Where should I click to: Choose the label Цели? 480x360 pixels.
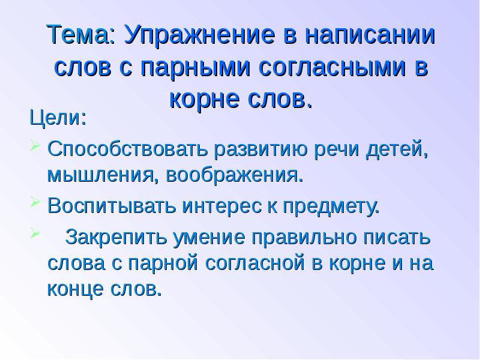pyautogui.click(x=58, y=116)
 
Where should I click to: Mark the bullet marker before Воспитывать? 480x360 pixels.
pyautogui.click(x=36, y=205)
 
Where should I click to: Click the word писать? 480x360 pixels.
pyautogui.click(x=398, y=236)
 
